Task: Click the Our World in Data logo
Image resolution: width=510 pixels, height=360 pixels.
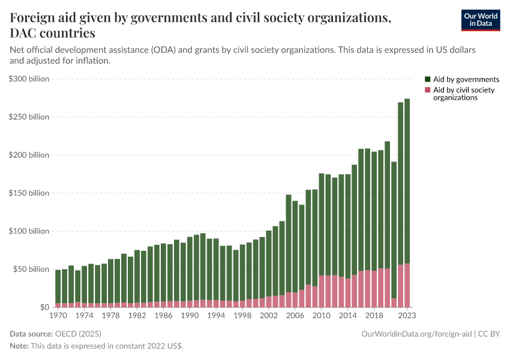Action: point(480,20)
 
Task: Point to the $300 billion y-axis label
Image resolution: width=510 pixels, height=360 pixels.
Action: point(29,79)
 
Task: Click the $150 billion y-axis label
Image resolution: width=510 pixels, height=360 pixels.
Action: point(29,193)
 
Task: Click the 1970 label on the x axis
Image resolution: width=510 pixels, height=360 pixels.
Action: point(58,315)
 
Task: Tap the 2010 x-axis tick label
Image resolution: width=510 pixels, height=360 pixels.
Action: point(322,315)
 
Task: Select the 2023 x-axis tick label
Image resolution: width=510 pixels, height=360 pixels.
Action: point(407,315)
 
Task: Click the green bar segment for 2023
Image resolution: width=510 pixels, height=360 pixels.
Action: point(407,180)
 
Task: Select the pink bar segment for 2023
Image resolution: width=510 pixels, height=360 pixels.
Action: point(407,286)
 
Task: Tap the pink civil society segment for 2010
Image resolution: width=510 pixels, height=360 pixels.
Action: point(322,291)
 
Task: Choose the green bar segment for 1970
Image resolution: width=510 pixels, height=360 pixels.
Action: point(58,286)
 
